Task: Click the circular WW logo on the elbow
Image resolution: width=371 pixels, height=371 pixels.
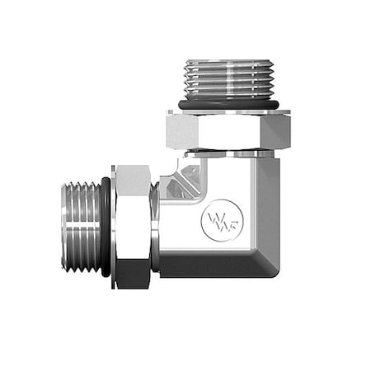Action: pyautogui.click(x=214, y=222)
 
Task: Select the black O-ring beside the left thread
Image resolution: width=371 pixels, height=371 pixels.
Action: pyautogui.click(x=107, y=226)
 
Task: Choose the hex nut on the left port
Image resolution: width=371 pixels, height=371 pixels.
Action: pyautogui.click(x=132, y=226)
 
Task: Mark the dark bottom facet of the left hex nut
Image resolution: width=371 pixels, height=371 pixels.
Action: pyautogui.click(x=132, y=275)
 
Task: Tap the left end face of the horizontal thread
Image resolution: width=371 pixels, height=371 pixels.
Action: pyautogui.click(x=63, y=226)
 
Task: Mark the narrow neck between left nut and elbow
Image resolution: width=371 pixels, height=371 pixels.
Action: pyautogui.click(x=155, y=226)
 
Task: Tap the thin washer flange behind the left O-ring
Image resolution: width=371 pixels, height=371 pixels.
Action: pyautogui.click(x=113, y=226)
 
